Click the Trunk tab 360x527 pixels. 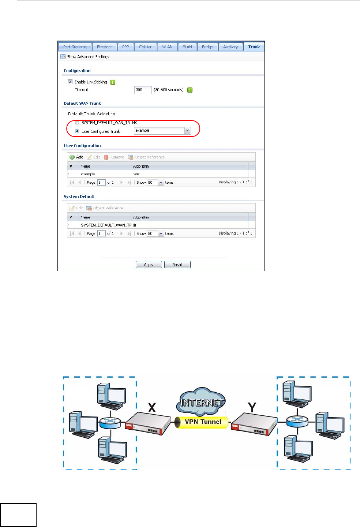point(254,47)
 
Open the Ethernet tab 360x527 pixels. point(104,47)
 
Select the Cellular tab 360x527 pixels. point(145,47)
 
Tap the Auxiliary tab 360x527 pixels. point(230,47)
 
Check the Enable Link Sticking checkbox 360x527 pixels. point(70,82)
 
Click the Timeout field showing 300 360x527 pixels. point(143,90)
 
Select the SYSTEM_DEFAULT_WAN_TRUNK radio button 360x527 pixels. point(77,123)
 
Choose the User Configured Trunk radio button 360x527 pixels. point(77,131)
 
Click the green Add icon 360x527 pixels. point(72,157)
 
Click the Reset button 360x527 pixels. point(177,265)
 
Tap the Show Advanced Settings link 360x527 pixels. point(88,57)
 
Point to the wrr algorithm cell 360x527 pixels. point(136,174)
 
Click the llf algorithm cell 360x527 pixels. point(135,225)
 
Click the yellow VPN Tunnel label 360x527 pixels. point(203,422)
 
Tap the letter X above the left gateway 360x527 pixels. point(152,407)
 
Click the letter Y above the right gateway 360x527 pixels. point(252,407)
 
